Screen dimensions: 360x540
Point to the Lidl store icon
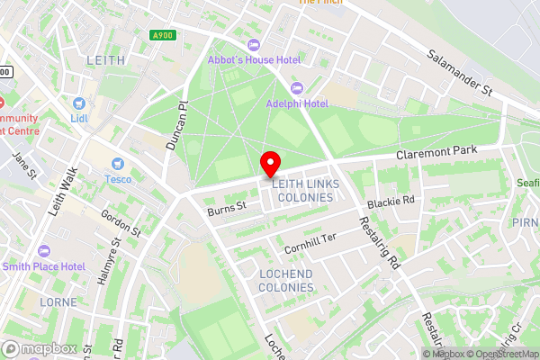point(77,103)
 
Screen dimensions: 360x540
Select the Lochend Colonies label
point(286,280)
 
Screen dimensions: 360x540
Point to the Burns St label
point(226,209)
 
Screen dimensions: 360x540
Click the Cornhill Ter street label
point(310,238)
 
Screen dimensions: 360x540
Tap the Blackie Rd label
point(396,201)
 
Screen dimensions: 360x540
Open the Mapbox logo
point(39,348)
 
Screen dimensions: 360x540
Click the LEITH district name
point(106,59)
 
